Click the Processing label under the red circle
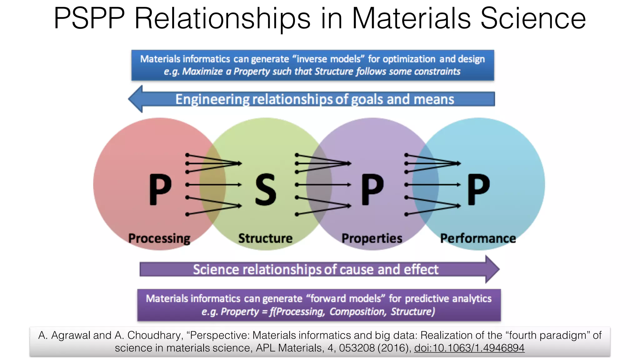(159, 238)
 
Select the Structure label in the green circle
(265, 238)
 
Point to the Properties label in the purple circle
(372, 238)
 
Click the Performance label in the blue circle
(478, 238)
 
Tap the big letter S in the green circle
(266, 190)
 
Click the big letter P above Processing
(160, 190)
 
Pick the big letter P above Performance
(478, 190)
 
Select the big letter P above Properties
(372, 190)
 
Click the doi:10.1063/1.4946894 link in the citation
(469, 348)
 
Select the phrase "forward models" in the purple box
(345, 298)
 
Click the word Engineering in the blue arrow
(212, 99)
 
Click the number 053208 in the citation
(357, 348)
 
